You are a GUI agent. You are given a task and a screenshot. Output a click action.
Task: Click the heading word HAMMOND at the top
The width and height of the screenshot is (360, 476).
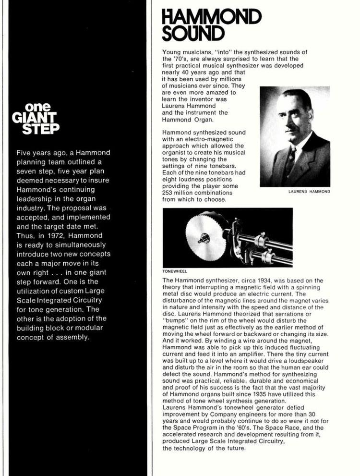coord(212,18)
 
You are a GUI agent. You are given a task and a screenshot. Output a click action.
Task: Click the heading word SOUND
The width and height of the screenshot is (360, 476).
coord(193,34)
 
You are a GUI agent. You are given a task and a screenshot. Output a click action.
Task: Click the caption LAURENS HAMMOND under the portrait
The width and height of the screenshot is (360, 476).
coord(308,191)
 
